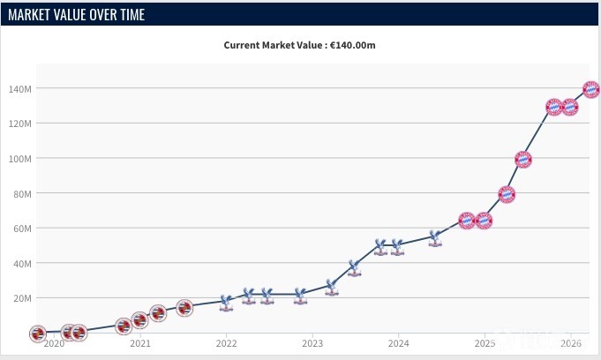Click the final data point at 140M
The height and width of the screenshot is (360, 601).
point(591,89)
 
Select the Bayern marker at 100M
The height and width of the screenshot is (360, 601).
point(523,160)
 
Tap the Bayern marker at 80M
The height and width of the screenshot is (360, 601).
point(507,194)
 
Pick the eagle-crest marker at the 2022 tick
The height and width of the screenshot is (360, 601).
point(226,302)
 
